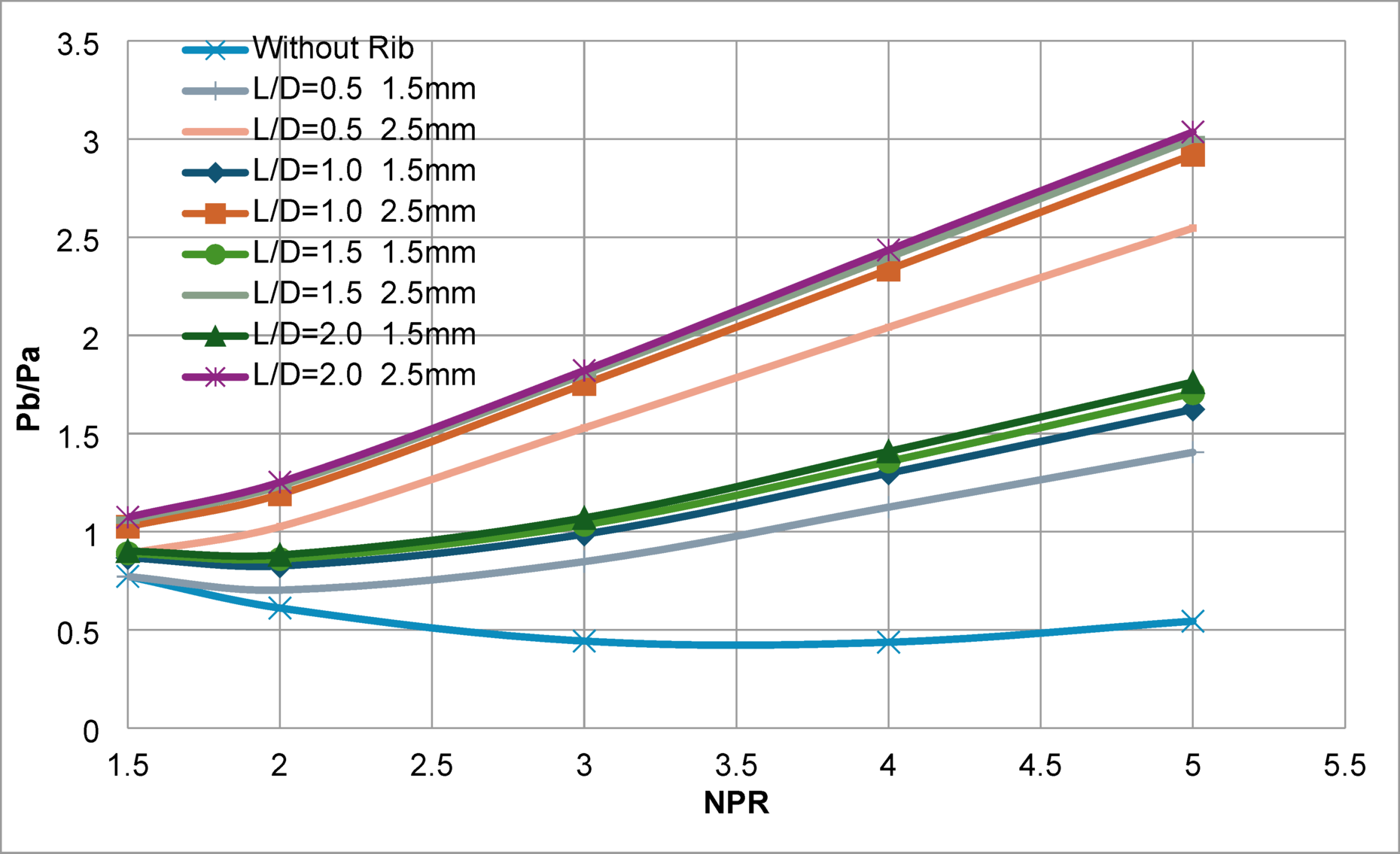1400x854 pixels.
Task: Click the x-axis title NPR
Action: tap(736, 803)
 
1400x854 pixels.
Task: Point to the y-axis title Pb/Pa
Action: tap(29, 388)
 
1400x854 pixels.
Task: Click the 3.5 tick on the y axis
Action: tap(78, 45)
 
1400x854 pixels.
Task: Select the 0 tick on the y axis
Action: tap(91, 731)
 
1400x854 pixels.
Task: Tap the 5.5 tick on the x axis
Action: tap(1344, 766)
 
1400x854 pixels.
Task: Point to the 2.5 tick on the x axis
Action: tap(431, 766)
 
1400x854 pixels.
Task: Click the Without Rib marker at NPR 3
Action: tap(584, 642)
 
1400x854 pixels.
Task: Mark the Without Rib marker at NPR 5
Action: tap(1192, 622)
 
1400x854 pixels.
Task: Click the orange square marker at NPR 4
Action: tap(889, 270)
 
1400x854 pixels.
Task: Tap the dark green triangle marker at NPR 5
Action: tap(1192, 382)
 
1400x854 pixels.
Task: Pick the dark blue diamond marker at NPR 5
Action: tap(1192, 410)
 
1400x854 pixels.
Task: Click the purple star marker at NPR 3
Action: tap(584, 370)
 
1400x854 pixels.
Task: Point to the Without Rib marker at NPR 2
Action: tap(280, 607)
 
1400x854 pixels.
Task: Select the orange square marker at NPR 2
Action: tap(280, 496)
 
